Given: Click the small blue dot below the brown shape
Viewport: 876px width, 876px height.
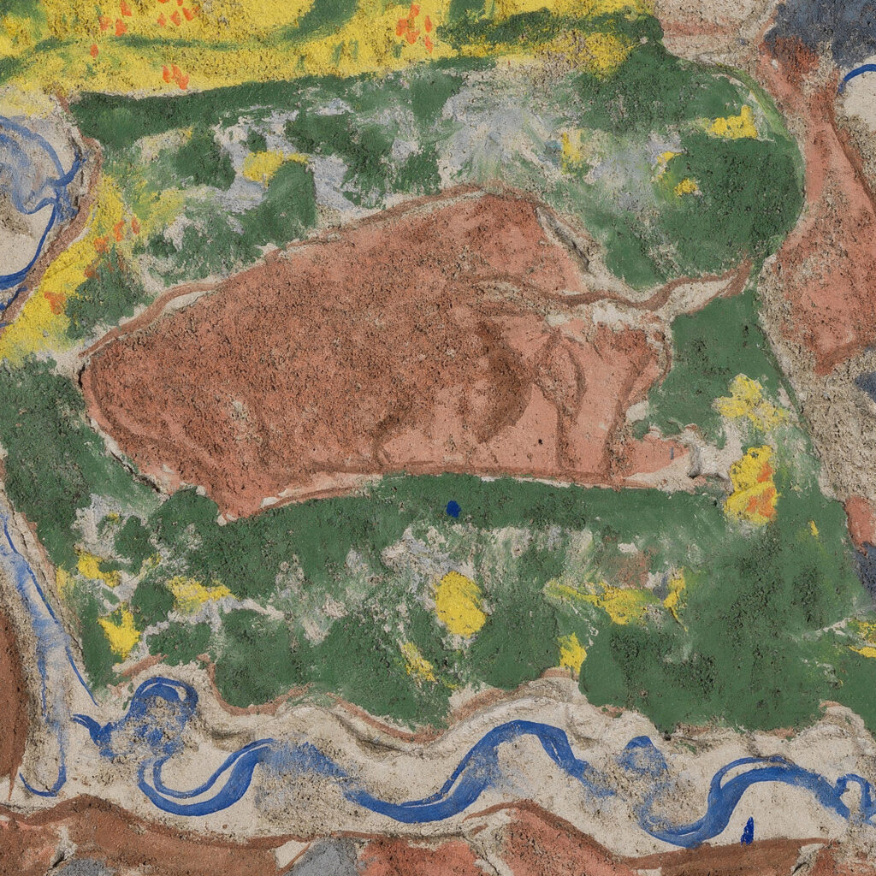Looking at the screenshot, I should click(x=453, y=509).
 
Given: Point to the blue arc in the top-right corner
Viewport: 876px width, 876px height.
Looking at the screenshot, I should click(x=855, y=75).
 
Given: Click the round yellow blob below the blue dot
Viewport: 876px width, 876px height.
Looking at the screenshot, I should click(x=459, y=604).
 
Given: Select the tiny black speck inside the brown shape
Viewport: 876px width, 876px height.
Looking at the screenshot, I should click(x=541, y=442).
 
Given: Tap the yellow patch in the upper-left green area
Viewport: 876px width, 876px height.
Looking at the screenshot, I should click(x=265, y=165).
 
